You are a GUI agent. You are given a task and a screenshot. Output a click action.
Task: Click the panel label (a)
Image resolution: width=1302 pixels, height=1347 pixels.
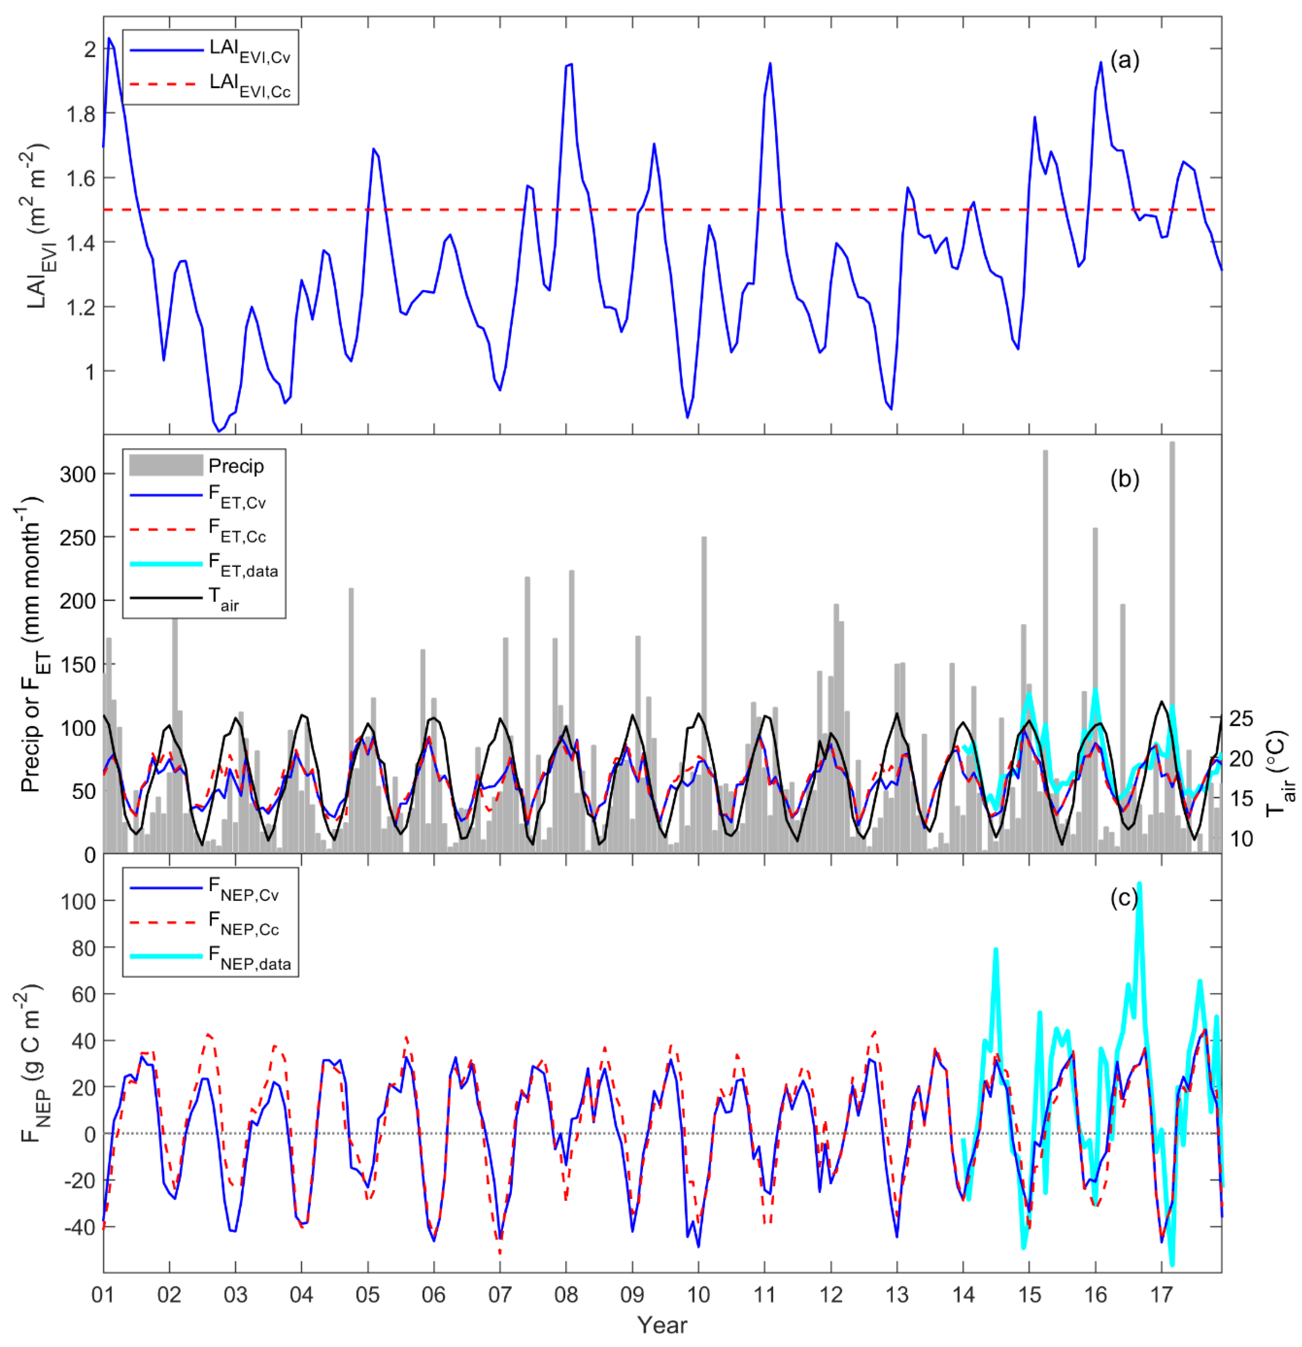(1125, 61)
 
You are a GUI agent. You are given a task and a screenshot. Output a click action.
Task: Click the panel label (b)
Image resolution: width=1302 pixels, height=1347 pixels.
(1125, 479)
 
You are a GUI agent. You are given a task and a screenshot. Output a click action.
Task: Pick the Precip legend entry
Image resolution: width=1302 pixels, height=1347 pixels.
(236, 466)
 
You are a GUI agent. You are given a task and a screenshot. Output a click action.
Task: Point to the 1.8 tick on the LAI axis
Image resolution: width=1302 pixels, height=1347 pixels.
(80, 113)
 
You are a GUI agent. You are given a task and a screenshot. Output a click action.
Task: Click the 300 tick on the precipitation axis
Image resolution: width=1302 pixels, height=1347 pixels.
(77, 474)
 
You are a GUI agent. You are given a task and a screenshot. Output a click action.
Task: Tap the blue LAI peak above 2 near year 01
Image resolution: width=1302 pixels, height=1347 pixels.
(109, 39)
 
